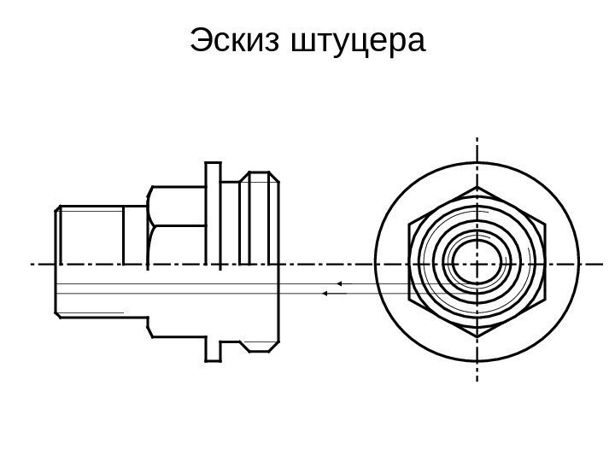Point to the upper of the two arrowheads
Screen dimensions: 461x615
(x=338, y=282)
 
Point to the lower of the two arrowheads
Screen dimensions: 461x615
(x=325, y=294)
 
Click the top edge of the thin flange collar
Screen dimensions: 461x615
(x=214, y=161)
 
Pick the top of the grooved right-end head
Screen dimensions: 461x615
(x=258, y=174)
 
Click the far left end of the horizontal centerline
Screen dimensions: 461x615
(x=32, y=264)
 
